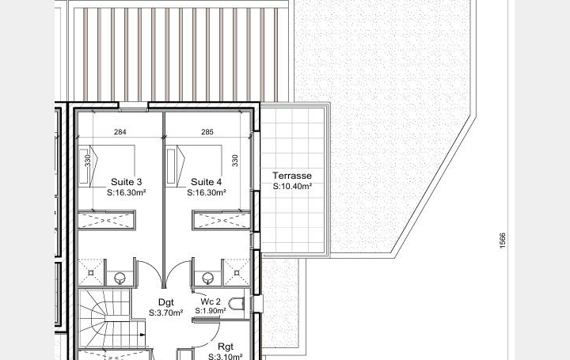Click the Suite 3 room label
127,181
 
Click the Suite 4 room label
207,181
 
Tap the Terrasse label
292,176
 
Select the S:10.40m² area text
292,187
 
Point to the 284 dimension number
120,132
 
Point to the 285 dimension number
207,132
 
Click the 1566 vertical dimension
502,241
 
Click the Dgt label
165,301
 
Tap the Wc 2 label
210,301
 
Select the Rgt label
226,347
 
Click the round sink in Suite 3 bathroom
120,278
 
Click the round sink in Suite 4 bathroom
207,278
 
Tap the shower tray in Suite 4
235,271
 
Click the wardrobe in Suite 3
107,220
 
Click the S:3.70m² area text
165,313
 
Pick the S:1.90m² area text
210,312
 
